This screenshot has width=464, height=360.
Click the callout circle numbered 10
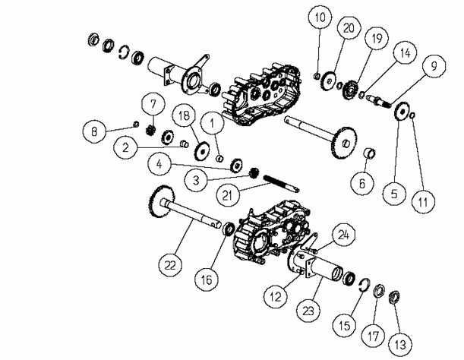320,17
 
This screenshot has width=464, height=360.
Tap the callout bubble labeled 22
170,265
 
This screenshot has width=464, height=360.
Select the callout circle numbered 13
400,344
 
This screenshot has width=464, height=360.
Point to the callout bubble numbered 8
94,131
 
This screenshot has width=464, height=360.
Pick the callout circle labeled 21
227,194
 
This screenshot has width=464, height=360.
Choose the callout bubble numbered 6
362,184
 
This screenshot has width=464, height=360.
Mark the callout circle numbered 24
343,235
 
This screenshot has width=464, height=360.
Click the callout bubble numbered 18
184,115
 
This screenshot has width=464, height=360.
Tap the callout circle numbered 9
434,66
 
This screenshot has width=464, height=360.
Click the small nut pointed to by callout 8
136,124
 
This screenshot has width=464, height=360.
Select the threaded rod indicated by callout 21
281,183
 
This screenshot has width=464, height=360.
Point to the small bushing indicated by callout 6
370,153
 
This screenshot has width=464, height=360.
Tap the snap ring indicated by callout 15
365,285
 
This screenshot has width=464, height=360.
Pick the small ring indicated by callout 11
413,115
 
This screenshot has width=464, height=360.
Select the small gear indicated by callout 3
254,173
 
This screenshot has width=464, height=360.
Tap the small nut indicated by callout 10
316,76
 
